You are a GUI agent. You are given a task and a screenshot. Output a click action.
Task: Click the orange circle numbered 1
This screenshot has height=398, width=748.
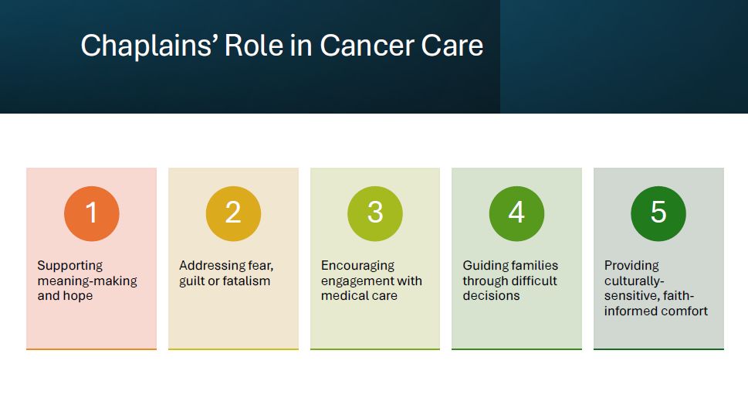coord(92,213)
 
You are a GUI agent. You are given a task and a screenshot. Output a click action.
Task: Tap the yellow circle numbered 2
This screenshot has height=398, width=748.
coord(233,213)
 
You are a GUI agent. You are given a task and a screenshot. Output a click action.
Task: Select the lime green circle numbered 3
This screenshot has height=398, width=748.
coord(375,213)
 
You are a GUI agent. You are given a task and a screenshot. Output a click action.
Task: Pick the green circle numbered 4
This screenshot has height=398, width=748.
coord(516,213)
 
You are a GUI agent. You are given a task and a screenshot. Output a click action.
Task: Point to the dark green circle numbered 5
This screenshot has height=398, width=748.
coord(658,213)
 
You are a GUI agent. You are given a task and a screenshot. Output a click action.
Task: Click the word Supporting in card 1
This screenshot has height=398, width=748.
coord(70,266)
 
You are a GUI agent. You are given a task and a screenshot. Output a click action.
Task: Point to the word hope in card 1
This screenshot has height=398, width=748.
coord(80,296)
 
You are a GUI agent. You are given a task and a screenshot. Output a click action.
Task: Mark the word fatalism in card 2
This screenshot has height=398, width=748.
coord(248,281)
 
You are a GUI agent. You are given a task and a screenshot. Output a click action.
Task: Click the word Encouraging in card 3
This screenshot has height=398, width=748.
coord(357,266)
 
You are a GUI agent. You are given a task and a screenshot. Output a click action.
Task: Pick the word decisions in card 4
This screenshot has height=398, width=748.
coord(491,296)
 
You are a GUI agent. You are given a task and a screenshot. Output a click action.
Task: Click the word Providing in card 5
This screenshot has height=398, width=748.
coord(631,266)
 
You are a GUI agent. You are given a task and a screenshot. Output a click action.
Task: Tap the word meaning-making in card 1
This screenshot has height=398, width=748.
coord(87,281)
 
